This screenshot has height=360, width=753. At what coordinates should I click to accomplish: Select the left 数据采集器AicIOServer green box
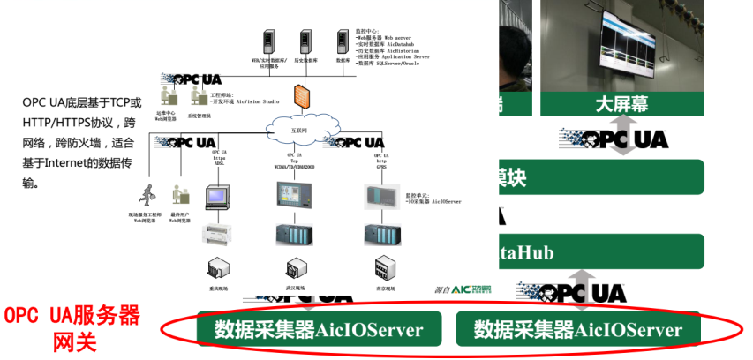click(x=318, y=330)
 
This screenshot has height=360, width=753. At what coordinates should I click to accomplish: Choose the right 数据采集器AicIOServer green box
click(x=577, y=330)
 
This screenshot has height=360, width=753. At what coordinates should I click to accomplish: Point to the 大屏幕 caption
click(x=621, y=104)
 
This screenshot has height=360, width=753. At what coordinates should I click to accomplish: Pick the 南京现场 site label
click(x=385, y=289)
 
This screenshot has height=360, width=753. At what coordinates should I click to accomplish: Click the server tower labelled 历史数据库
click(x=305, y=41)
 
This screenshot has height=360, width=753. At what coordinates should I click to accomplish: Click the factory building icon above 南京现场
click(x=383, y=266)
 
